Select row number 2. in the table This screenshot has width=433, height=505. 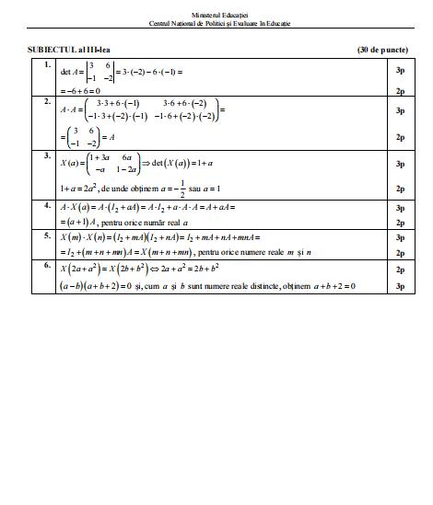[x=47, y=101]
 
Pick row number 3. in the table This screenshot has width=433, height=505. [x=47, y=156]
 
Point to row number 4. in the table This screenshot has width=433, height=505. [x=47, y=207]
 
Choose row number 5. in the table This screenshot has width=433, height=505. [x=47, y=235]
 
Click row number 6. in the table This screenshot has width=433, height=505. [x=47, y=266]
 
